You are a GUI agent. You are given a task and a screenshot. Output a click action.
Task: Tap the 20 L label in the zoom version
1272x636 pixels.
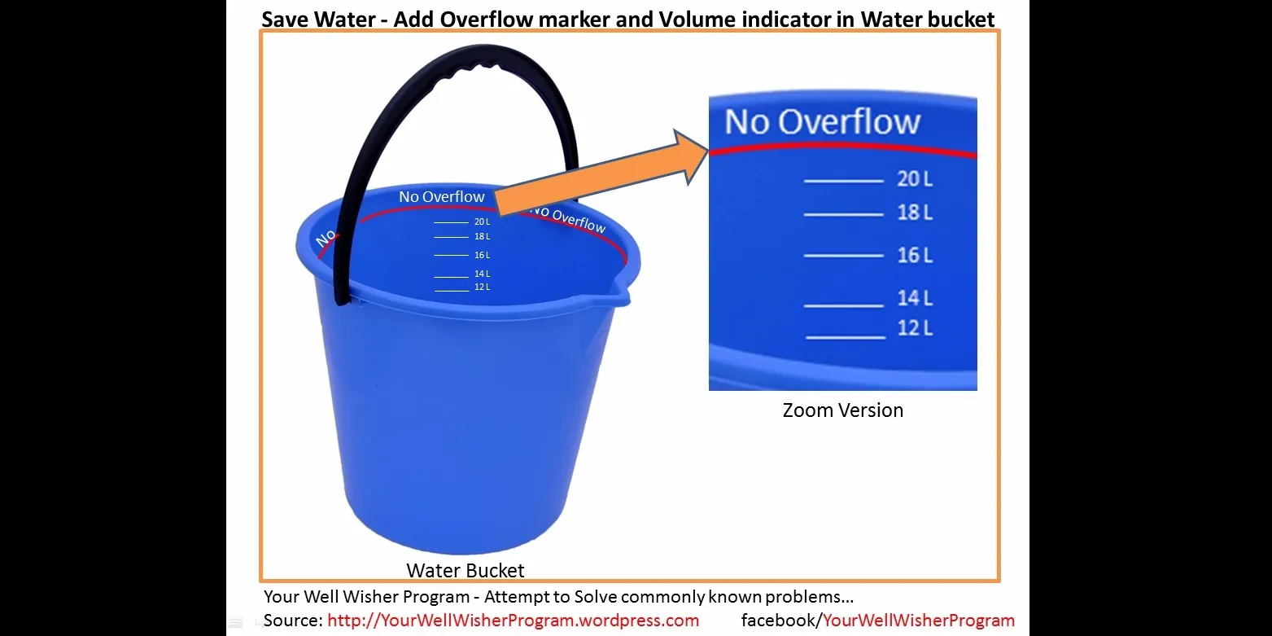tap(914, 178)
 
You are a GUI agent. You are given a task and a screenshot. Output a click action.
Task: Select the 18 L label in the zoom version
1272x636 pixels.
tap(914, 213)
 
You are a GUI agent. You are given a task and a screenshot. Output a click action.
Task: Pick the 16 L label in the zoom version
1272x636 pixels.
tap(914, 255)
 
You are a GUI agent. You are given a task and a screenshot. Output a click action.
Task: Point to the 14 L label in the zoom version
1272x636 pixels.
tap(914, 297)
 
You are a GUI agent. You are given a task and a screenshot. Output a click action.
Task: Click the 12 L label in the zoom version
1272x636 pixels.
tap(914, 327)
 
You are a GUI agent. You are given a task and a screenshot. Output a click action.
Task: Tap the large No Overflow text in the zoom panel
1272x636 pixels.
tap(822, 122)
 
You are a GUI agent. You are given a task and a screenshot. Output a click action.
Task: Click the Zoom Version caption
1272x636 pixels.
tap(842, 410)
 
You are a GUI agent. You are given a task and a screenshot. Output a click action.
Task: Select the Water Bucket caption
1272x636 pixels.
tap(466, 570)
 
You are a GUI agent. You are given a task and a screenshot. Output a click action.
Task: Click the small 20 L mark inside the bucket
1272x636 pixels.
tap(482, 222)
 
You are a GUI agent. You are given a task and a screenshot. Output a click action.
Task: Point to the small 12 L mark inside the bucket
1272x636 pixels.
tap(482, 287)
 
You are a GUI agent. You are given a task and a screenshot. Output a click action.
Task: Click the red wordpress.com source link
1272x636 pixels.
tap(513, 621)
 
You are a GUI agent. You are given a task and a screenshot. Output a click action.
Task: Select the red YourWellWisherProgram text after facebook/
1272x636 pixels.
tap(919, 621)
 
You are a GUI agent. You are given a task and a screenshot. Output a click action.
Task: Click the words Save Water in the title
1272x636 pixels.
tap(320, 18)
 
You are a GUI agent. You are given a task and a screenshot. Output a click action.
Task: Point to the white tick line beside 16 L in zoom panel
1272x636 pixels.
tap(843, 255)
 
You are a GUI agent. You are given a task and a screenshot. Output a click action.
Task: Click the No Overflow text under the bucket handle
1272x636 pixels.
tap(441, 197)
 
